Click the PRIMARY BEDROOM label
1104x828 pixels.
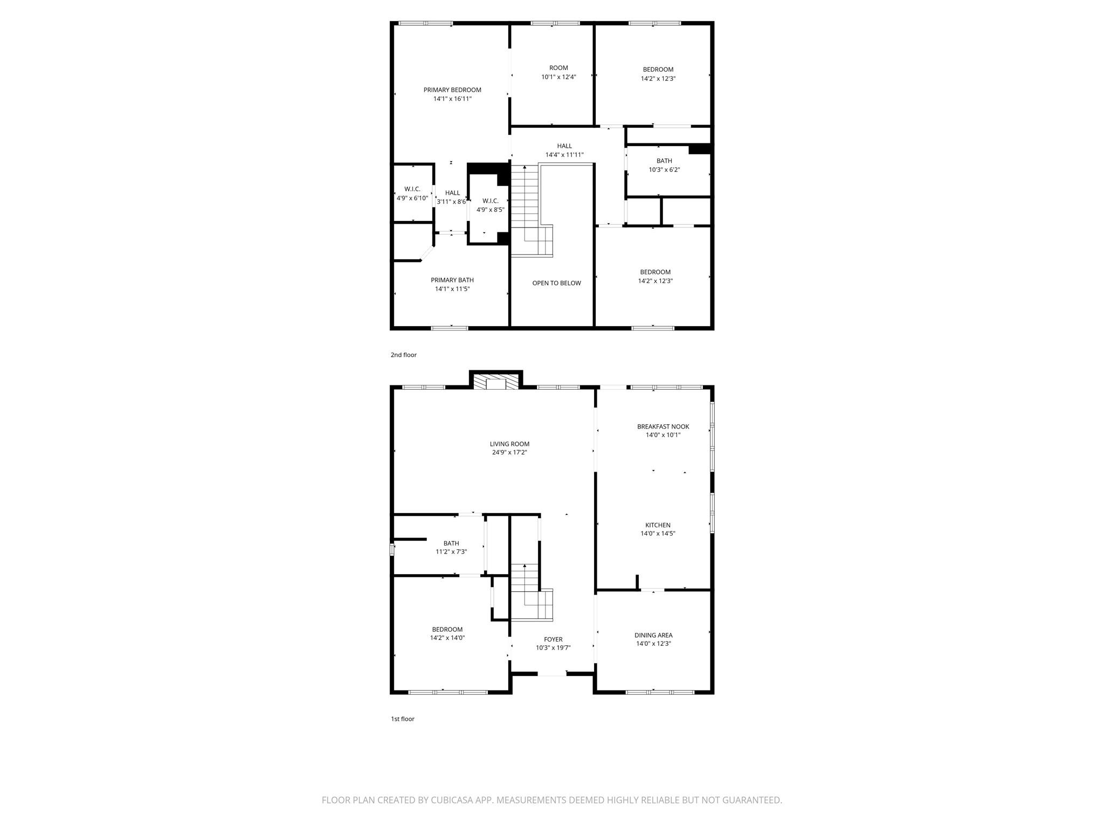pos(452,90)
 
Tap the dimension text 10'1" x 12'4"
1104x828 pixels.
pos(558,77)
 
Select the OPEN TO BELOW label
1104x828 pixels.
pos(556,283)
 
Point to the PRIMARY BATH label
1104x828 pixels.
pos(452,280)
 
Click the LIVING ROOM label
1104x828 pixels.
pos(509,444)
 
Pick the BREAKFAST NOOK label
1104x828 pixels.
pos(663,426)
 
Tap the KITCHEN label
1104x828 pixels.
pos(658,525)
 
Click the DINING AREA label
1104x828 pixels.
pos(653,635)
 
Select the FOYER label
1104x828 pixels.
pos(553,639)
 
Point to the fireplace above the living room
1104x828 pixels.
pos(496,382)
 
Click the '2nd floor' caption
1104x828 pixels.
pos(404,355)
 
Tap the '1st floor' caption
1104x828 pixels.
pos(403,719)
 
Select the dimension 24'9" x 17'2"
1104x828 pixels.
pos(509,453)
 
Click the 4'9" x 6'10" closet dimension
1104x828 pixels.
pos(412,198)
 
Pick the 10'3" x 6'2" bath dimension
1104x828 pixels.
pos(664,170)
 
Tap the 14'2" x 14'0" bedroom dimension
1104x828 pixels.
pos(447,638)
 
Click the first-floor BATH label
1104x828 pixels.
pos(451,543)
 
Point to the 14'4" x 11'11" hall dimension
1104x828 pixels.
pos(564,155)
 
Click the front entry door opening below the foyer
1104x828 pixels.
pos(553,673)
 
